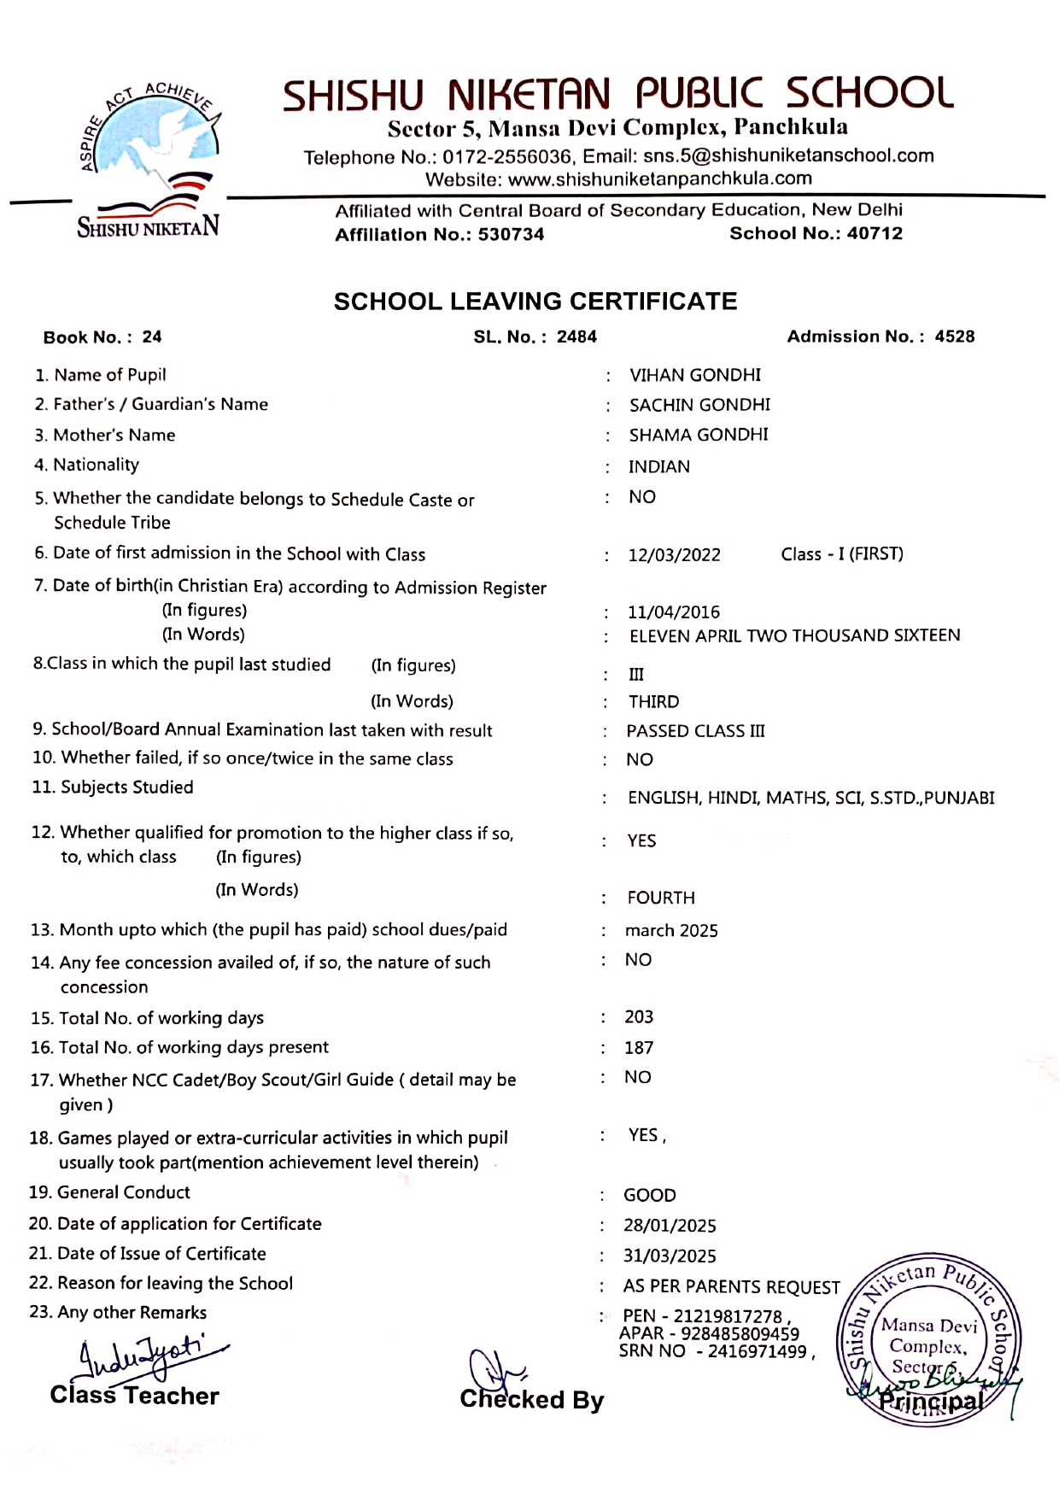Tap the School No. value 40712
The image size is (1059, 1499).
click(x=875, y=234)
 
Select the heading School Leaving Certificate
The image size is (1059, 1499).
click(x=535, y=302)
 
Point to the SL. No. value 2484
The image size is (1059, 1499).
click(x=576, y=337)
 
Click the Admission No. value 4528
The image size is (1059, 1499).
click(x=954, y=337)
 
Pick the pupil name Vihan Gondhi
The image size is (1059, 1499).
click(x=695, y=375)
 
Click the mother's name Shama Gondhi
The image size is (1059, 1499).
click(x=699, y=436)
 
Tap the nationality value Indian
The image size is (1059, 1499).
click(x=659, y=467)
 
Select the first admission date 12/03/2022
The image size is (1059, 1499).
click(x=675, y=555)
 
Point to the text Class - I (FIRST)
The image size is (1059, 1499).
click(x=842, y=554)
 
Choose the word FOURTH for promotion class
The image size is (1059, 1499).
click(x=661, y=899)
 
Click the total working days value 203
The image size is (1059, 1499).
click(x=639, y=1017)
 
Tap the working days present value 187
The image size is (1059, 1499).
click(x=639, y=1048)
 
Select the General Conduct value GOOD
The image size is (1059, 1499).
click(x=650, y=1196)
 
